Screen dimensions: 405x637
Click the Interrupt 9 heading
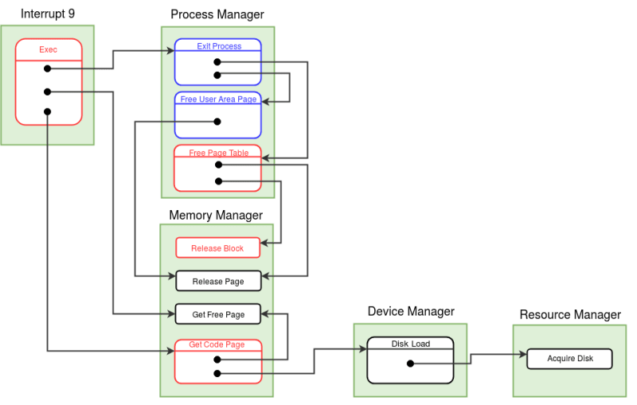(47, 14)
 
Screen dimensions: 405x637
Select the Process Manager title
(217, 15)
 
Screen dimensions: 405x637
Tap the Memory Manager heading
(216, 215)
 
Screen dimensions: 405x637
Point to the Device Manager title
(411, 311)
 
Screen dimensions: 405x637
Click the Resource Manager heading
(570, 315)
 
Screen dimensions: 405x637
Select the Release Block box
(217, 248)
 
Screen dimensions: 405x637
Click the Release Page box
(217, 281)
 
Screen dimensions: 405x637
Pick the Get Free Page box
(217, 314)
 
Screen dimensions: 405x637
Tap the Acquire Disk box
(570, 358)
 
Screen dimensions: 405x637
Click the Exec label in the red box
(48, 49)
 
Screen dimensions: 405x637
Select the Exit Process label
(219, 46)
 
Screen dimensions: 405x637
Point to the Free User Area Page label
(218, 99)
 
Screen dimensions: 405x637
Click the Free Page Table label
(218, 153)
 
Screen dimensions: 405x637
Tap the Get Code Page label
(216, 345)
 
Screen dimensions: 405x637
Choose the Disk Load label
(411, 345)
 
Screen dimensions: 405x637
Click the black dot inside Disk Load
(410, 364)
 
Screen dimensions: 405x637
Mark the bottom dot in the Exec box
(48, 111)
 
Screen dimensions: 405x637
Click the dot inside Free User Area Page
(217, 122)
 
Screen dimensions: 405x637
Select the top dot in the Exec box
(48, 69)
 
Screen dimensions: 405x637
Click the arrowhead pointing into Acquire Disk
(522, 355)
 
